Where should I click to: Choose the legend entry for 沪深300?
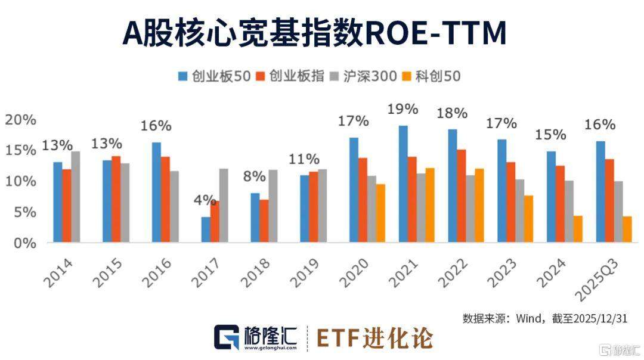[x=364, y=76]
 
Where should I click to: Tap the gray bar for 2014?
[x=75, y=197]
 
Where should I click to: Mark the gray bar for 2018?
[x=273, y=206]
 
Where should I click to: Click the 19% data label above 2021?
[x=402, y=110]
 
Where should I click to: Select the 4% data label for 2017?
[x=205, y=200]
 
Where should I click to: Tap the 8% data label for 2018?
[x=255, y=177]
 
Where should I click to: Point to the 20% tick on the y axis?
[x=20, y=119]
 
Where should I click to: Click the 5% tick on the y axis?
[x=23, y=212]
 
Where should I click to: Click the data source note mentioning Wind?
[x=544, y=318]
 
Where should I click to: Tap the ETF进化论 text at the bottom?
[x=374, y=338]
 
